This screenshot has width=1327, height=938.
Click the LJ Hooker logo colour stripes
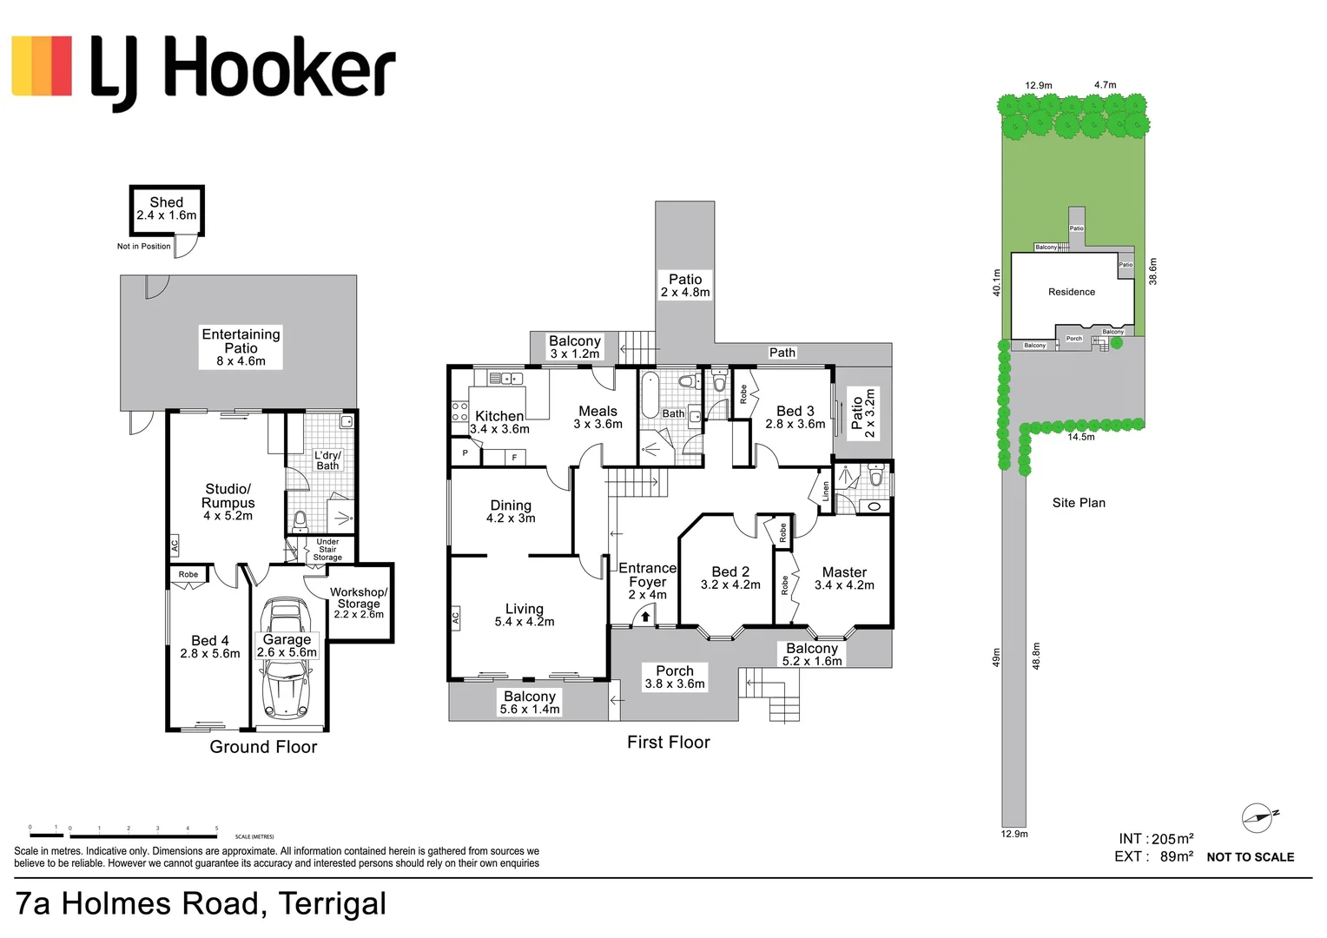[42, 66]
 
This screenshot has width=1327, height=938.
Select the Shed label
[167, 202]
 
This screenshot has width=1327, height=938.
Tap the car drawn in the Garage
[286, 686]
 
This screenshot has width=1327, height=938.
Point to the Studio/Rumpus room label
[228, 496]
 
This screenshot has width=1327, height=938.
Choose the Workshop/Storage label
[359, 598]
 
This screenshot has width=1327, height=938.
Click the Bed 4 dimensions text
[210, 654]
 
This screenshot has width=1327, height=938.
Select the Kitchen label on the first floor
[499, 416]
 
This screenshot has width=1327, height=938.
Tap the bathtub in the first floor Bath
[650, 395]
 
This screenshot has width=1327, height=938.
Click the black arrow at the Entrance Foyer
[645, 617]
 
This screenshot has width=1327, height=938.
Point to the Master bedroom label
[844, 572]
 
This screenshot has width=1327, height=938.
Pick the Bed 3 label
[796, 411]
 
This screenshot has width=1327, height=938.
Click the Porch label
[675, 670]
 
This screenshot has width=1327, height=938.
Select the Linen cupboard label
[825, 491]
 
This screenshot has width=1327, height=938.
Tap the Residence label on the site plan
[1072, 292]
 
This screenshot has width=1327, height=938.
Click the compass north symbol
[1258, 817]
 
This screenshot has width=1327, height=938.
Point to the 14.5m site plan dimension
[1081, 437]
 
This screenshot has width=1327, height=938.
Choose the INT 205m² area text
[1156, 839]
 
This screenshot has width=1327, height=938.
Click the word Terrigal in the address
[333, 904]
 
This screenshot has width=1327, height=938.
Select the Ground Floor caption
[263, 747]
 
